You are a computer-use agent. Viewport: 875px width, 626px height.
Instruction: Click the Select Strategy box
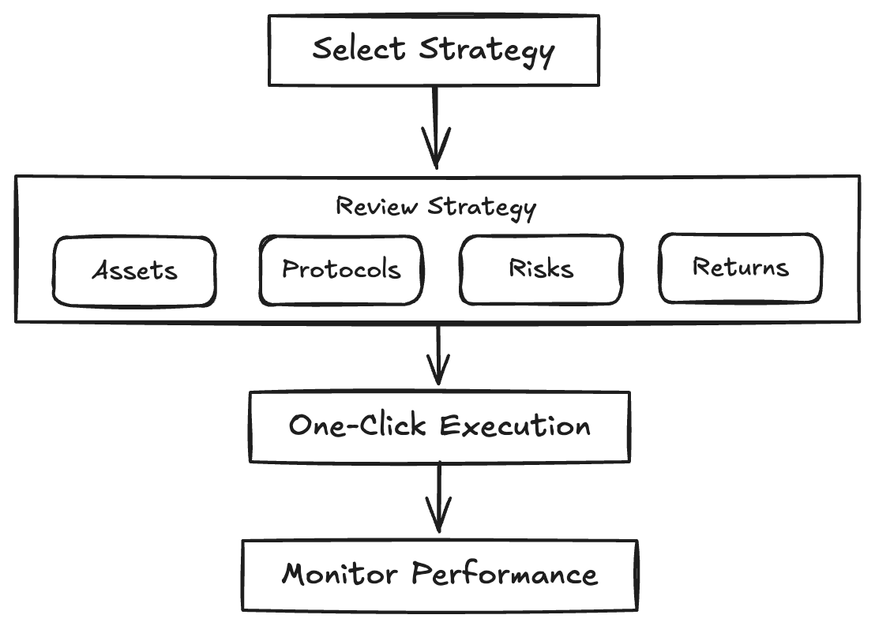[x=434, y=49]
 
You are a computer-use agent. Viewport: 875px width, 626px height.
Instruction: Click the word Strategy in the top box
[x=486, y=51]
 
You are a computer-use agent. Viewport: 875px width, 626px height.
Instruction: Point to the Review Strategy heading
[x=436, y=206]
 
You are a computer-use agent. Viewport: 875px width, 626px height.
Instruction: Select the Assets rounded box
[x=134, y=271]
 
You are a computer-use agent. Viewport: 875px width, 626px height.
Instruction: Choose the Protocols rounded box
[x=341, y=270]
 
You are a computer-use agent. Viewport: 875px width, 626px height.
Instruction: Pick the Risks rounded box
[x=541, y=269]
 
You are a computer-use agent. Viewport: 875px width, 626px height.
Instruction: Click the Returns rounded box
[x=740, y=268]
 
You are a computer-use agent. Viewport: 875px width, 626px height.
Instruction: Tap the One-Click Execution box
[x=439, y=426]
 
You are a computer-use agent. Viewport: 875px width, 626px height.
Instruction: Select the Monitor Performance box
[x=439, y=574]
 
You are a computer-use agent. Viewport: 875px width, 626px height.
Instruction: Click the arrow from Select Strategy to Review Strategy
[x=435, y=126]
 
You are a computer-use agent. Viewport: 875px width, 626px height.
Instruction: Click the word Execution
[x=515, y=426]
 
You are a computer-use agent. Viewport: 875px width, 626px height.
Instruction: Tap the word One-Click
[x=359, y=426]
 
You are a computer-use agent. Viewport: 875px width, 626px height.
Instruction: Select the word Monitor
[x=340, y=574]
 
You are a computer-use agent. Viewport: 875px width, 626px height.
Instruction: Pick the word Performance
[x=505, y=574]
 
